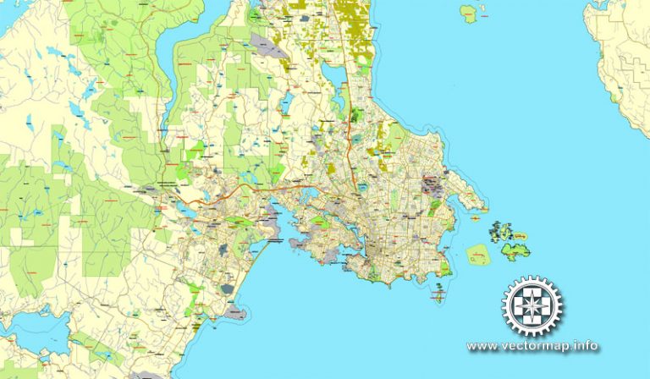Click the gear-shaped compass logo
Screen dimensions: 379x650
(532, 305)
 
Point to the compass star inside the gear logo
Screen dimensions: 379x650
(532, 305)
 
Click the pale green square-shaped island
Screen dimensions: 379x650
(478, 253)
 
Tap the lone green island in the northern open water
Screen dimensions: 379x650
(468, 13)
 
